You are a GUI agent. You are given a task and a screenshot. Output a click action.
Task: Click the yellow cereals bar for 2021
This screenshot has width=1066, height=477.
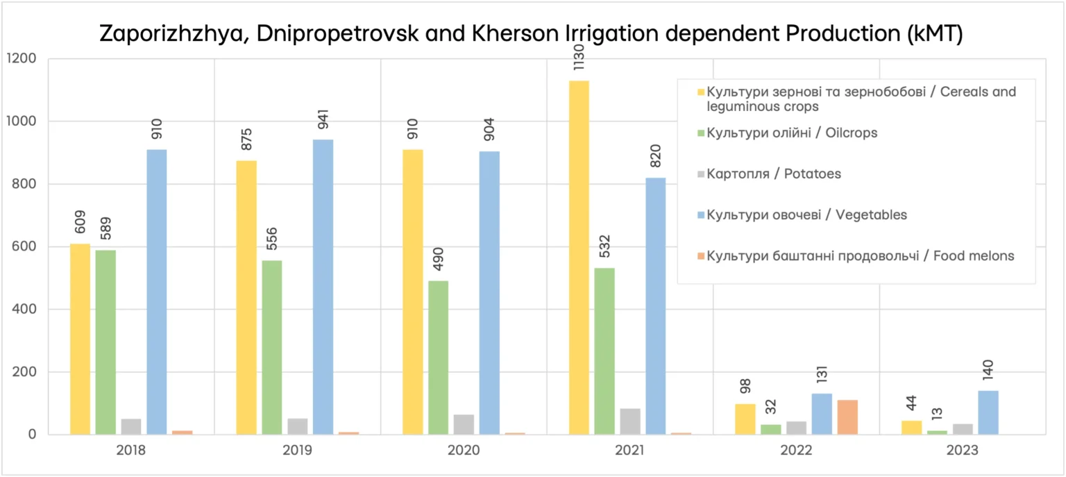[579, 257]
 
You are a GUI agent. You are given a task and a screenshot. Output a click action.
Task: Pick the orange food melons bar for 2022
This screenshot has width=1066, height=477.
[847, 417]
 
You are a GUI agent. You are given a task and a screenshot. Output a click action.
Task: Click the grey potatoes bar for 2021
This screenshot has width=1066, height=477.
[630, 421]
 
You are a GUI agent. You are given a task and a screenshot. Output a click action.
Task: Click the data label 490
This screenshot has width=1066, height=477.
[438, 258]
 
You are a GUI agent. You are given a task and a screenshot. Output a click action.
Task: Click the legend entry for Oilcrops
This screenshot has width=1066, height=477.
[792, 133]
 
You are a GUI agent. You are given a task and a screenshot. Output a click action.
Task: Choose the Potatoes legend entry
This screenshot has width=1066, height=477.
[774, 174]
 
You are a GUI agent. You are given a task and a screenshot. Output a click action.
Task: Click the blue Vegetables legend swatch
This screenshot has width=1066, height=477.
[701, 215]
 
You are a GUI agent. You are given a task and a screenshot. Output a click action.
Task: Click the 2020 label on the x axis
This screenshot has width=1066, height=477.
[464, 451]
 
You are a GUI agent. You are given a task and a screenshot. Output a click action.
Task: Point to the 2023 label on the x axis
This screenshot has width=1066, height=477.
[962, 451]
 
